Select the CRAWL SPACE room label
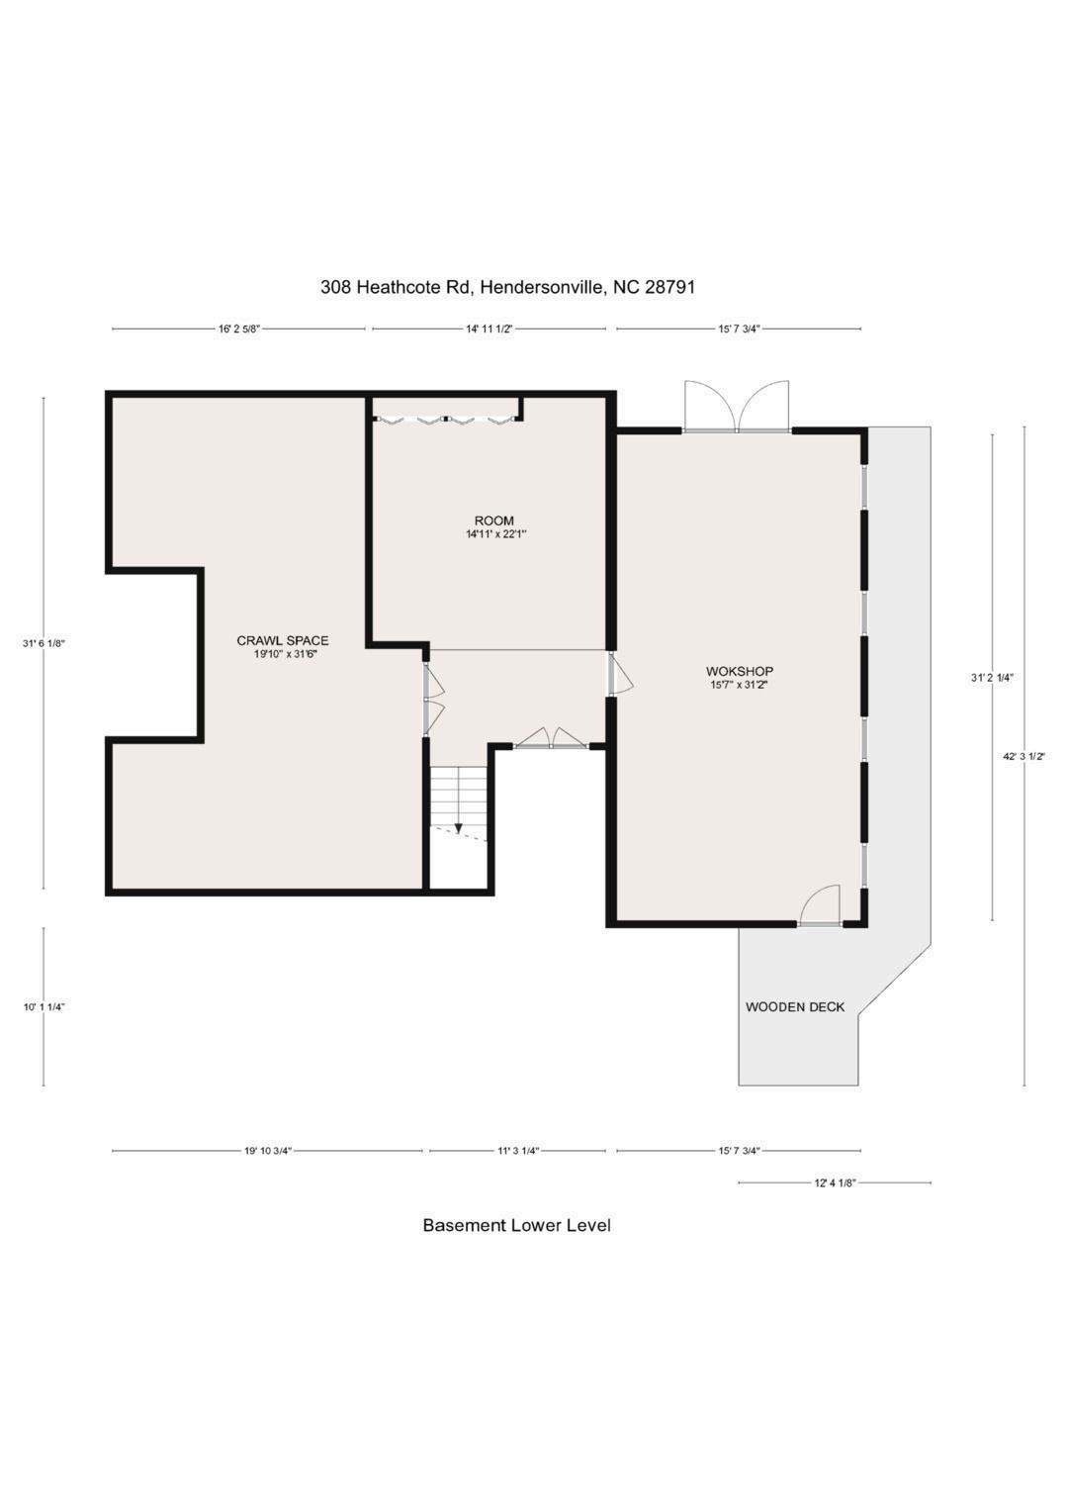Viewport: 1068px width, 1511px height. coord(283,641)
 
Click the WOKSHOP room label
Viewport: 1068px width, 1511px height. coord(740,671)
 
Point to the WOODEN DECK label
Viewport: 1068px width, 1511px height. coord(795,1007)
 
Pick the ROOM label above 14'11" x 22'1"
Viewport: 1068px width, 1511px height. coord(494,520)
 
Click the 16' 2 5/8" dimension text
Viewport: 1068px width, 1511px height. coord(239,330)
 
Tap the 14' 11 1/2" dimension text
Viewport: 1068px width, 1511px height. coord(489,330)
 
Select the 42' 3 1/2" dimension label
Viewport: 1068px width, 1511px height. coord(1024,757)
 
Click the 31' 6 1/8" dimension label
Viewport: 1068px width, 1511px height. coord(44,643)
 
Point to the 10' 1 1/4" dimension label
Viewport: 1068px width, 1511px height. coord(44,1007)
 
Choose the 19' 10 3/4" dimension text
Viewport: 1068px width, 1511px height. coord(268,1151)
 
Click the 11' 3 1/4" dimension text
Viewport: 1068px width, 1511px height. coord(518,1151)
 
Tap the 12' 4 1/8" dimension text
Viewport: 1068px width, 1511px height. coord(835,1182)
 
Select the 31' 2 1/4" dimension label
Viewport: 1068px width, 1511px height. coord(993,679)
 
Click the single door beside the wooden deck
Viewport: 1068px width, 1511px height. coord(820,905)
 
